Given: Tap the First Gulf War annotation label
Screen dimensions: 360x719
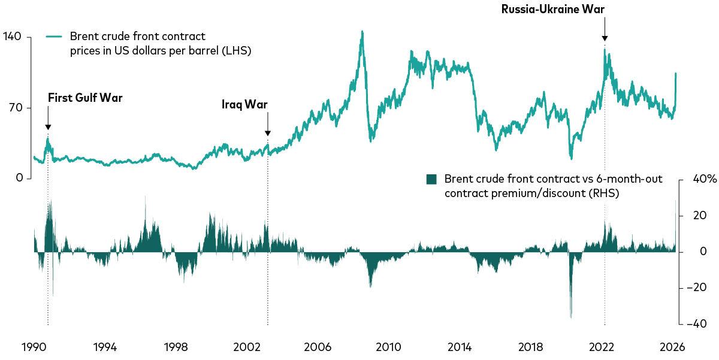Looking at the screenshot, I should (85, 98).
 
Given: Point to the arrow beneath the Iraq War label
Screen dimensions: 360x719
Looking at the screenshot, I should (267, 126).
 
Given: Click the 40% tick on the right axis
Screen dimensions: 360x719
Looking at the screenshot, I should (699, 180).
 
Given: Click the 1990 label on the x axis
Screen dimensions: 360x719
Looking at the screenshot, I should (34, 347).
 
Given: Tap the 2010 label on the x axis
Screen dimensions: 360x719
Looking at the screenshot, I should (388, 347).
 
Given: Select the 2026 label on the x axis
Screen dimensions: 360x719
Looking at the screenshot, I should (672, 347).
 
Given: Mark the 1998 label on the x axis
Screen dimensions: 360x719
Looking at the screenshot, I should (176, 347).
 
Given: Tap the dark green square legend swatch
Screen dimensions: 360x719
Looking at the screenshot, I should (431, 179).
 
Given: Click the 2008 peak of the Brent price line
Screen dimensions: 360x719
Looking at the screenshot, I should (362, 32).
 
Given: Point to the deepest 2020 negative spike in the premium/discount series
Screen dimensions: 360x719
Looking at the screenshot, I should (571, 317).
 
